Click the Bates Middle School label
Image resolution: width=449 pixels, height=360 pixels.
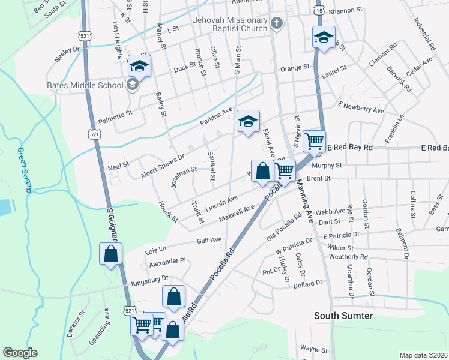[85, 85]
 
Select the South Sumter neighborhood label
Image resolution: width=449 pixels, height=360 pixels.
[343, 316]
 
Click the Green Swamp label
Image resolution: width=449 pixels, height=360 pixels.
[24, 170]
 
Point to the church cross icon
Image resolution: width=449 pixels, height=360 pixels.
[276, 23]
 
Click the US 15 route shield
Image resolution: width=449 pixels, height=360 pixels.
[318, 11]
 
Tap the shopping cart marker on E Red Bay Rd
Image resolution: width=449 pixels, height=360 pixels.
[314, 142]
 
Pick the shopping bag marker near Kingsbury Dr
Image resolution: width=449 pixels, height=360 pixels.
[173, 296]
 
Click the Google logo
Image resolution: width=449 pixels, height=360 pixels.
[20, 353]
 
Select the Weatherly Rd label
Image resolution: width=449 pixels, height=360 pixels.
[348, 256]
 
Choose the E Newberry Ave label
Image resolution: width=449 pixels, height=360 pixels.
[361, 107]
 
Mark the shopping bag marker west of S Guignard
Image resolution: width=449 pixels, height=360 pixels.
[111, 253]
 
